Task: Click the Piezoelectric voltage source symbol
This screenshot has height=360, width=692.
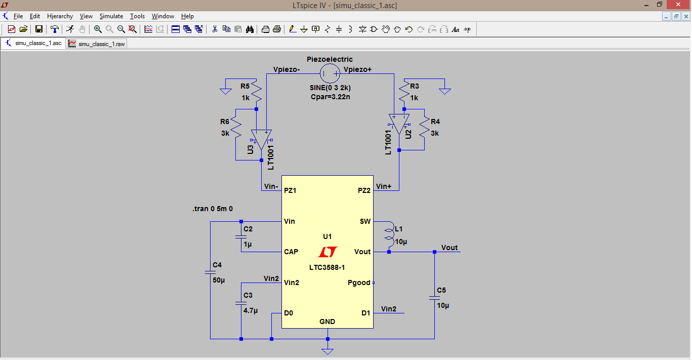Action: click(x=330, y=74)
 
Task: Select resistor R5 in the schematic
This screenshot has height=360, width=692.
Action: click(x=257, y=92)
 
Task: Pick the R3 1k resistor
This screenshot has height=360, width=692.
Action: click(x=403, y=92)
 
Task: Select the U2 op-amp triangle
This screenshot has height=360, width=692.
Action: click(x=399, y=125)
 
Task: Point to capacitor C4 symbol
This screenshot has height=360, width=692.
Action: click(x=210, y=272)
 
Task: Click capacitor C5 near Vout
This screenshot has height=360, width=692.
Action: click(x=434, y=298)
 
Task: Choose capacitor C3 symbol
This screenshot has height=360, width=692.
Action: click(x=241, y=303)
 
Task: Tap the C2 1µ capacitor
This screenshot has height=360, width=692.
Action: click(x=241, y=236)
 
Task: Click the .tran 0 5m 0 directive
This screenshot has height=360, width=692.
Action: click(x=212, y=209)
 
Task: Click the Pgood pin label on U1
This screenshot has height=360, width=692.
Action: click(x=359, y=283)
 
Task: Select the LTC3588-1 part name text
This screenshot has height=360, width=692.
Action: click(x=327, y=267)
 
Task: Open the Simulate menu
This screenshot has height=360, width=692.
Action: click(x=111, y=16)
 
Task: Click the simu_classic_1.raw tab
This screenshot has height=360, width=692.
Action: click(x=97, y=44)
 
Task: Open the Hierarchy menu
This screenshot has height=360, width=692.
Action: click(x=60, y=16)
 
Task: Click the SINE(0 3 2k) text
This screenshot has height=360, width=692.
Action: click(x=330, y=88)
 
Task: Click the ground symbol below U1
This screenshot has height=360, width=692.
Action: click(x=328, y=351)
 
